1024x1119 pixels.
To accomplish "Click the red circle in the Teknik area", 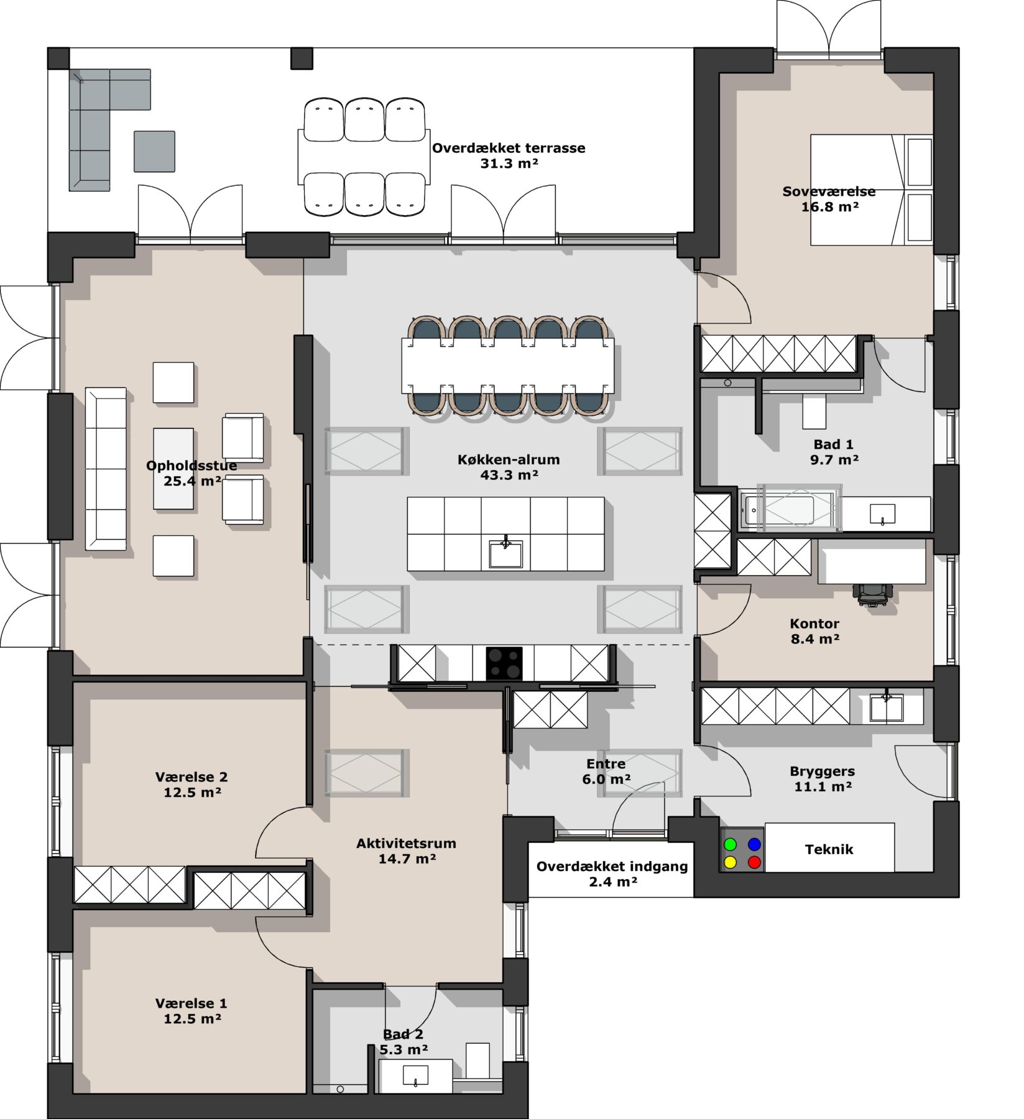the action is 754,862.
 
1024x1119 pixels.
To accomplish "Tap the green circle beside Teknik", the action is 731,844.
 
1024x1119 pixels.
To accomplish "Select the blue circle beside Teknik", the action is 754,844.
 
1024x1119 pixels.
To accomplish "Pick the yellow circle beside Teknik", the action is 731,862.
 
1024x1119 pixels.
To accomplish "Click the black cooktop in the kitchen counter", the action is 504,663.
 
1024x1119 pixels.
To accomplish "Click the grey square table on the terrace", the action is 154,151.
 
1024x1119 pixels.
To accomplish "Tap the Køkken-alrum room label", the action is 509,460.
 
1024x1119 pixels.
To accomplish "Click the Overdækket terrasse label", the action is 509,149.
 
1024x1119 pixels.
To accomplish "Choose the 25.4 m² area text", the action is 192,481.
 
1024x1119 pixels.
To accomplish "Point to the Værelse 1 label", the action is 191,1003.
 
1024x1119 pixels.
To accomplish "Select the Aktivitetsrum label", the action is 406,844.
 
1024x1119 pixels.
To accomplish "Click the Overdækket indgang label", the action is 612,867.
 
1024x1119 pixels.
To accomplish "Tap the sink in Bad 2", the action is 415,1075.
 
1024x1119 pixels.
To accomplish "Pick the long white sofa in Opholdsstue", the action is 106,469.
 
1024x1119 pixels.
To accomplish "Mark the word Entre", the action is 606,764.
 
